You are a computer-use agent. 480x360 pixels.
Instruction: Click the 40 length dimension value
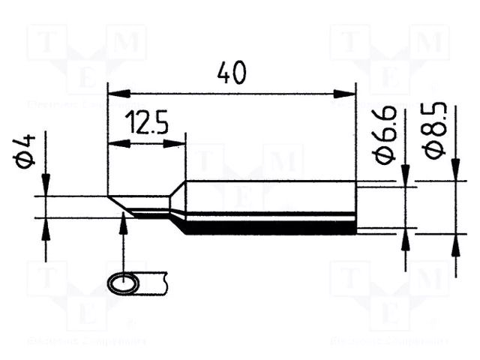click(x=231, y=73)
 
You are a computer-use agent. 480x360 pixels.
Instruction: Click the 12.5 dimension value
click(x=146, y=123)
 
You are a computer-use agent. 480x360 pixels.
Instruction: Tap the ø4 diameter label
click(x=28, y=153)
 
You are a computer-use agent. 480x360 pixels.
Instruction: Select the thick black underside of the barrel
click(x=270, y=229)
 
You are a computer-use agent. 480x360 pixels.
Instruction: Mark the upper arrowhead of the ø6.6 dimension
click(x=406, y=177)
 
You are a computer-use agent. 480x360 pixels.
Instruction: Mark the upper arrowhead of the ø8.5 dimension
click(x=455, y=171)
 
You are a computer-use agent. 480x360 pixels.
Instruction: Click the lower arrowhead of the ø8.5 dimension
click(x=455, y=243)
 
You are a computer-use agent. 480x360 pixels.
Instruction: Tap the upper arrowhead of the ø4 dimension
click(x=46, y=186)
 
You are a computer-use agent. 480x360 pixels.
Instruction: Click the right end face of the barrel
click(x=354, y=207)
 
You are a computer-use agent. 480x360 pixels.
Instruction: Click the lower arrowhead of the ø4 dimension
click(x=46, y=226)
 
